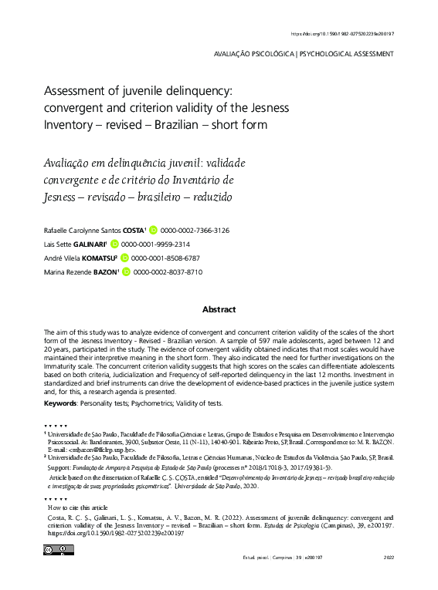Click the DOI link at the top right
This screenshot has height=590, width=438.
(341, 34)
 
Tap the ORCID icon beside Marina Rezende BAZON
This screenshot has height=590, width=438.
(127, 272)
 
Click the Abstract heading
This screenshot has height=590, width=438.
(219, 309)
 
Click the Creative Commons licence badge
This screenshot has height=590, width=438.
(59, 550)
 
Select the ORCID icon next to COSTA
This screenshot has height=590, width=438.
(153, 231)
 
